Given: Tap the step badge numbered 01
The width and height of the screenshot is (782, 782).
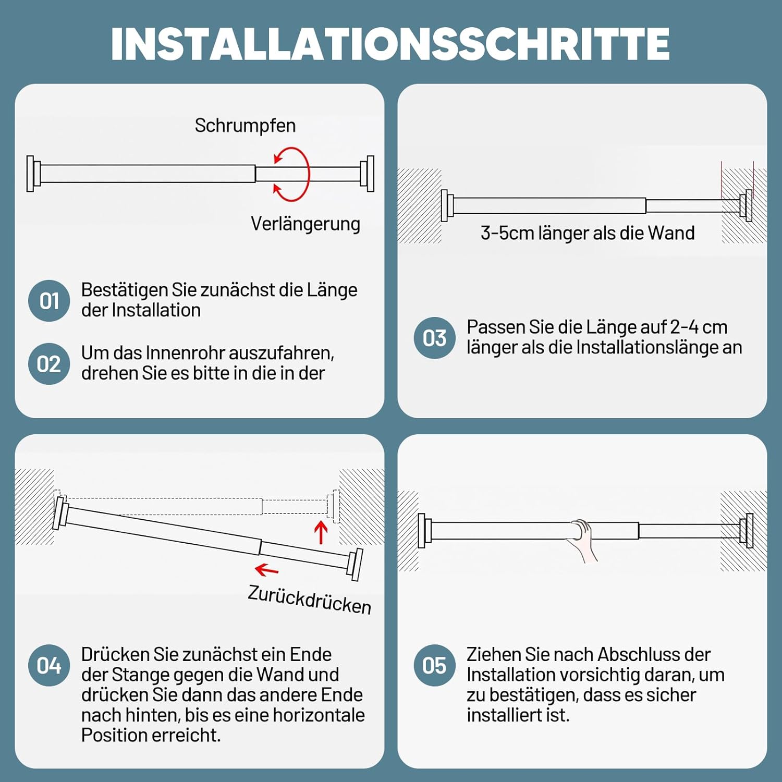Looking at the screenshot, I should pos(49,301).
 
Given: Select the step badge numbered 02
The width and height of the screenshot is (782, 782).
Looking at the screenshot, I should pos(49,364).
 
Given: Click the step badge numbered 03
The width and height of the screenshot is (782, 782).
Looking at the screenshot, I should pos(434,338).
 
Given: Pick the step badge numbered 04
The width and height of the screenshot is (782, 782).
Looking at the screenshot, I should pos(49,665).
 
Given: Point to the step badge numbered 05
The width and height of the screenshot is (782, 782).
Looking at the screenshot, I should pos(434,665).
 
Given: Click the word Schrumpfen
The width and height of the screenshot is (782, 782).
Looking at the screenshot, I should pos(245,126).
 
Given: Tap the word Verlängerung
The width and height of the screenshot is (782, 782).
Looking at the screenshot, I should pos(306,224).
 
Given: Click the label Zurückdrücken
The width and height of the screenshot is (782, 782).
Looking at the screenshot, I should pos(310,600).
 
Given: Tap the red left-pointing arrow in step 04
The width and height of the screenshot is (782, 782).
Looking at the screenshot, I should pos(267,570).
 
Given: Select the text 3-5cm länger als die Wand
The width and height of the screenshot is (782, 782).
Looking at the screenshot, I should pos(588,233).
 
